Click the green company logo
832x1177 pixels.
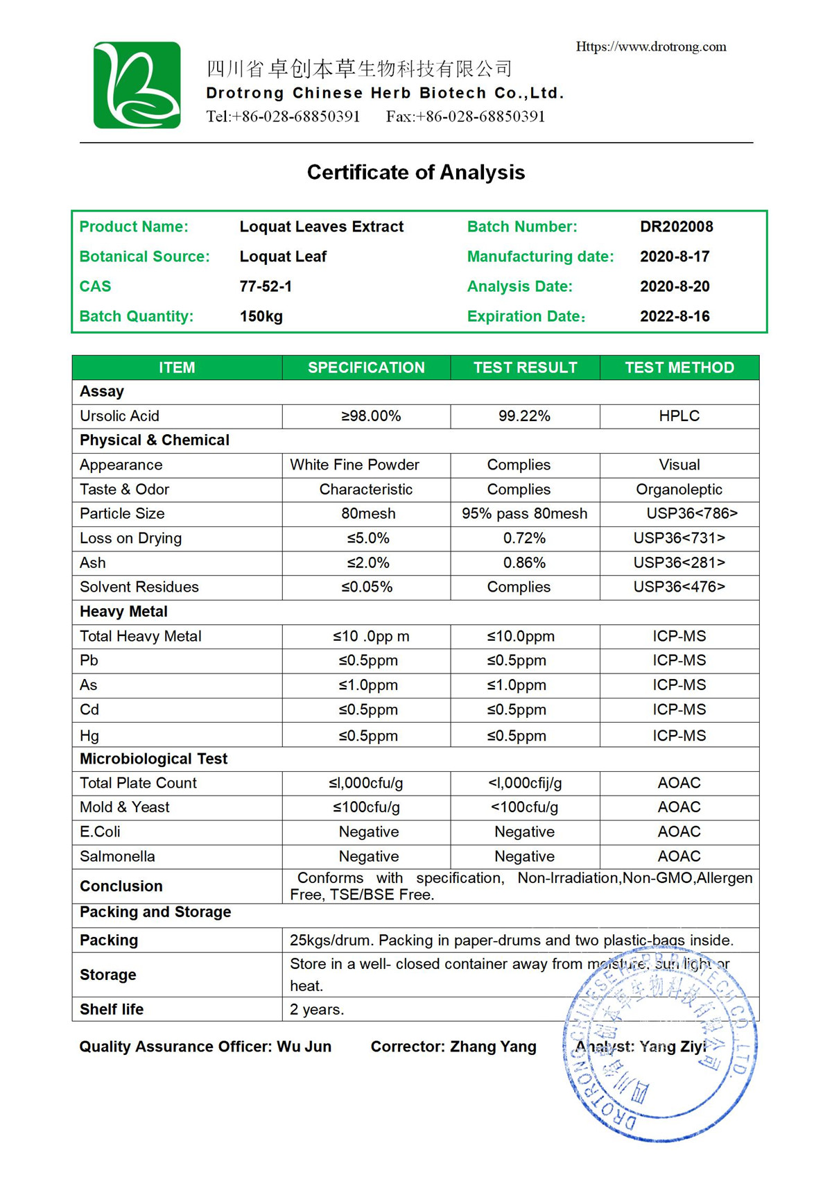point(137,85)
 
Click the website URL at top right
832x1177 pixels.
point(650,47)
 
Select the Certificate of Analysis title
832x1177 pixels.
point(416,172)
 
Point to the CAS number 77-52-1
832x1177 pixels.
point(266,286)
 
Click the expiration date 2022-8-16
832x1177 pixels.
point(675,316)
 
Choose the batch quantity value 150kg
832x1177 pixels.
point(261,316)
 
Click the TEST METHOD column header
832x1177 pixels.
point(679,368)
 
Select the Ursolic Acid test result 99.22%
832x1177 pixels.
point(524,416)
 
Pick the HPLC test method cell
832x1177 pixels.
point(679,416)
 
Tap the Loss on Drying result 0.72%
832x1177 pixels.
point(524,538)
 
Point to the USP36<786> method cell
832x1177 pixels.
point(691,514)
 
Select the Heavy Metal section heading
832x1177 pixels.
point(123,612)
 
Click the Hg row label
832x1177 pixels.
point(89,735)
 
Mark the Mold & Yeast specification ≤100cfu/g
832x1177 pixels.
point(366,807)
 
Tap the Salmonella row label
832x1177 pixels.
point(117,857)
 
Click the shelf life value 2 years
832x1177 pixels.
point(317,1010)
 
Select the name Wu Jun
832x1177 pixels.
point(304,1047)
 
